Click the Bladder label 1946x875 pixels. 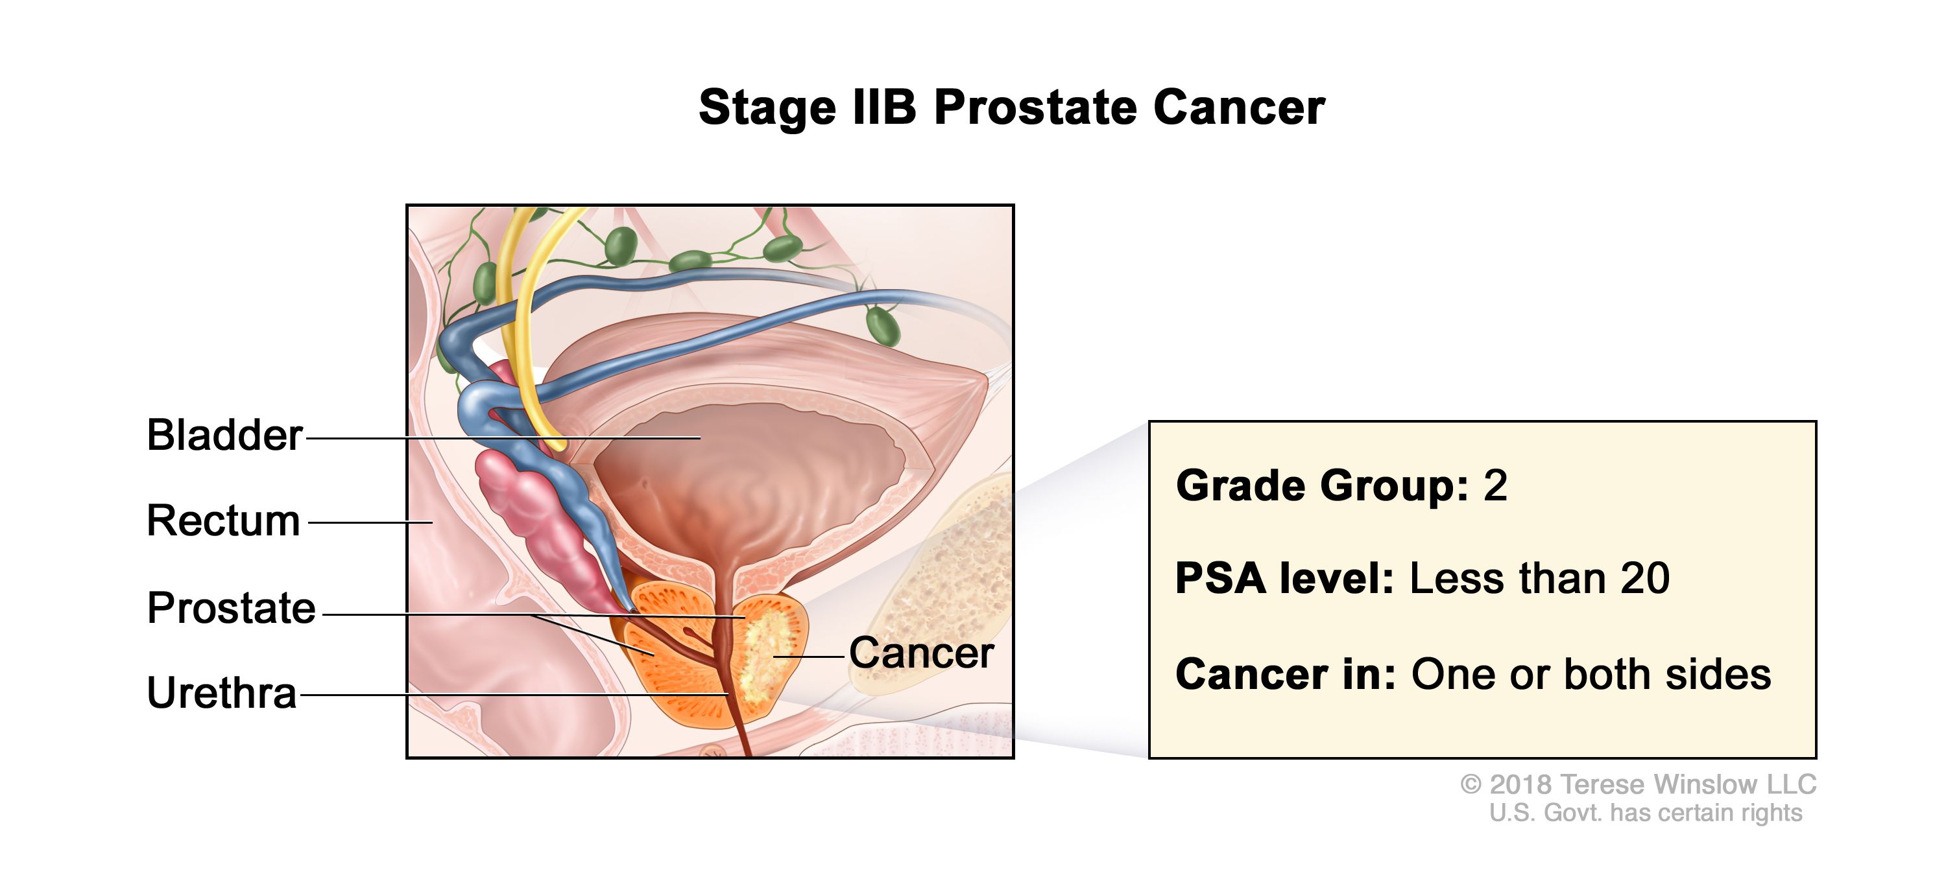pyautogui.click(x=224, y=436)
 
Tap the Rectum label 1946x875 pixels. pyautogui.click(x=223, y=521)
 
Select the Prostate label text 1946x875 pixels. pyautogui.click(x=231, y=608)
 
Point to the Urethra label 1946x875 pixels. pyautogui.click(x=221, y=693)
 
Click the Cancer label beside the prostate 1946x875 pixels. pyautogui.click(x=921, y=653)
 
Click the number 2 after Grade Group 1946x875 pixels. pyautogui.click(x=1495, y=485)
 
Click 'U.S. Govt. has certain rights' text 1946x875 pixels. pyautogui.click(x=1645, y=813)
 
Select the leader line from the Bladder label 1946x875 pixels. pyautogui.click(x=453, y=438)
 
